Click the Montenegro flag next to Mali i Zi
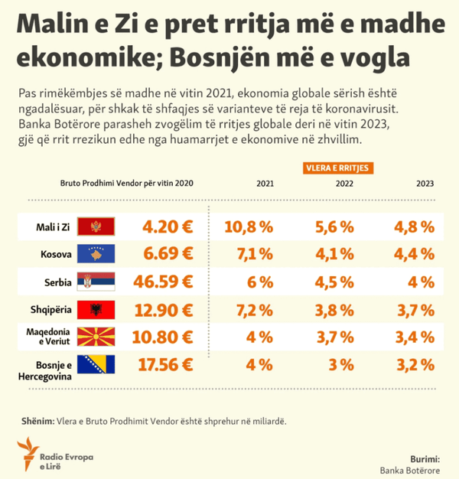pos(96,226)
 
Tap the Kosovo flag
pos(96,253)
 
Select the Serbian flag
pos(96,282)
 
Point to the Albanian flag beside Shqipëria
pos(96,310)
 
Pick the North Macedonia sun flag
pos(96,337)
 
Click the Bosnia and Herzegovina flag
pos(96,364)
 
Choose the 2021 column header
pos(265,184)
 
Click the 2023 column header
pos(425,184)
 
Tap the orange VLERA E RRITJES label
pos(338,168)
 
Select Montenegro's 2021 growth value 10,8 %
pos(249,227)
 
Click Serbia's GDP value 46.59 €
pos(163,282)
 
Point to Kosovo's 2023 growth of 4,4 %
pos(414,254)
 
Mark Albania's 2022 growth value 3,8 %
pos(334,311)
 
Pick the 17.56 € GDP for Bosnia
pos(165,365)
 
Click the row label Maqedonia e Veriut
pos(48,337)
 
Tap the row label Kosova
pos(56,254)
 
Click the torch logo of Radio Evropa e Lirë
pos(28,454)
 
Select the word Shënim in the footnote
pos(38,422)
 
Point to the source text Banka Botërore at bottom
pos(410,471)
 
